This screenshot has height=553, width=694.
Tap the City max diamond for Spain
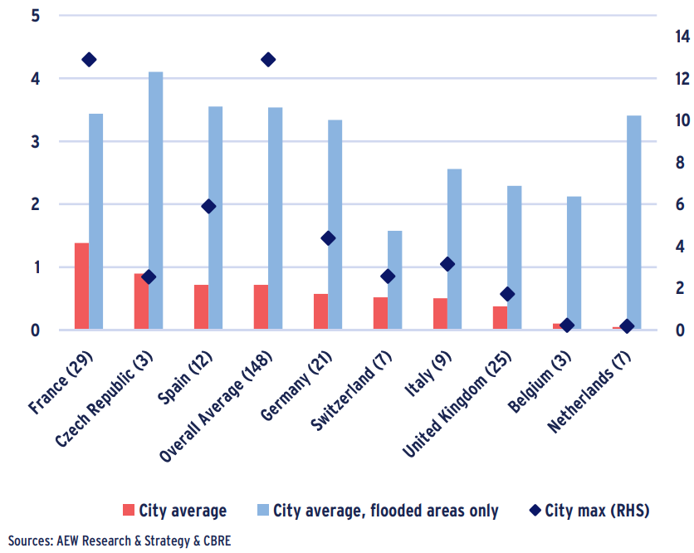[208, 206]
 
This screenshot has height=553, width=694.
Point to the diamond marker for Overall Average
[268, 60]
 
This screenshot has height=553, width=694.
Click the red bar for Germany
[320, 311]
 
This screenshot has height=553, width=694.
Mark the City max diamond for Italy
[447, 264]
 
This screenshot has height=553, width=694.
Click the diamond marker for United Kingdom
[507, 294]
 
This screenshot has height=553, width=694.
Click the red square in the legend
[127, 510]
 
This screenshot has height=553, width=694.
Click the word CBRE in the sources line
[215, 541]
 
